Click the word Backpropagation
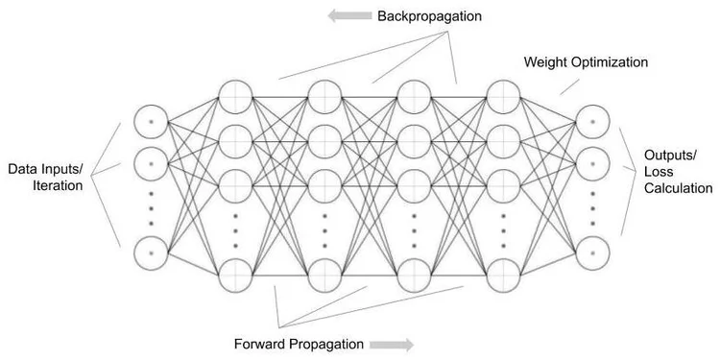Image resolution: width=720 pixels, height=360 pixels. pyautogui.click(x=429, y=17)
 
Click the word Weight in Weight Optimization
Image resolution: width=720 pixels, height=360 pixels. pyautogui.click(x=545, y=62)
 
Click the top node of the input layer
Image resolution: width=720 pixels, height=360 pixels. pyautogui.click(x=152, y=122)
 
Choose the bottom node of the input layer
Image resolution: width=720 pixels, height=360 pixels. pyautogui.click(x=152, y=252)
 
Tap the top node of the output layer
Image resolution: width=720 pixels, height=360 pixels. pyautogui.click(x=592, y=122)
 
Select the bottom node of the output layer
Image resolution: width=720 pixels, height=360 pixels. pyautogui.click(x=592, y=252)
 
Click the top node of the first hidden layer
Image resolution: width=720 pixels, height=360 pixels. pyautogui.click(x=235, y=96)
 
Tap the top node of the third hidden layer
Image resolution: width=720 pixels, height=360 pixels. pyautogui.click(x=414, y=96)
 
